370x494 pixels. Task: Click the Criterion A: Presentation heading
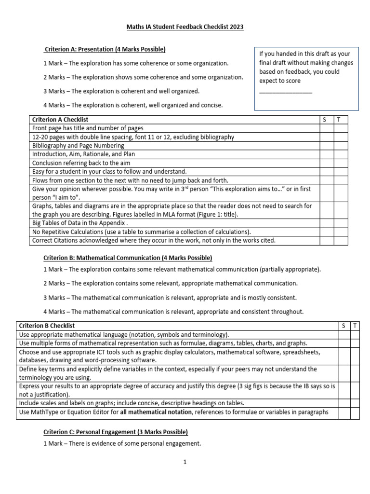click(x=105, y=49)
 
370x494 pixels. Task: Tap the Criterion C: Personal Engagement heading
click(x=116, y=432)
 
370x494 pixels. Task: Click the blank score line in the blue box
click(x=286, y=92)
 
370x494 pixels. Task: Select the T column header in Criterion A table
click(x=340, y=119)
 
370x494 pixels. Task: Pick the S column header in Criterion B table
click(x=344, y=326)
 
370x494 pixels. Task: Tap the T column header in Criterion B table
click(x=355, y=326)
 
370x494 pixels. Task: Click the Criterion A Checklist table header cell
click(x=60, y=119)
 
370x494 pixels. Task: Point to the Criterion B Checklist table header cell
click(x=47, y=326)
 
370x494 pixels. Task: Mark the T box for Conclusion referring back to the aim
click(x=340, y=163)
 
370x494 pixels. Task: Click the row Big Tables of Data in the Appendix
click(x=80, y=223)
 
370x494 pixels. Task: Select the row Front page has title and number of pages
click(x=88, y=128)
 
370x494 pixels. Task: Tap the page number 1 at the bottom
click(x=185, y=462)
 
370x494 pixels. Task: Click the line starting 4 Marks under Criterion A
click(x=133, y=105)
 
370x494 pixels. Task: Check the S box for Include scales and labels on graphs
click(x=344, y=402)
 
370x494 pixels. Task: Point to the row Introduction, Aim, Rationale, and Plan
click(x=83, y=154)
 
